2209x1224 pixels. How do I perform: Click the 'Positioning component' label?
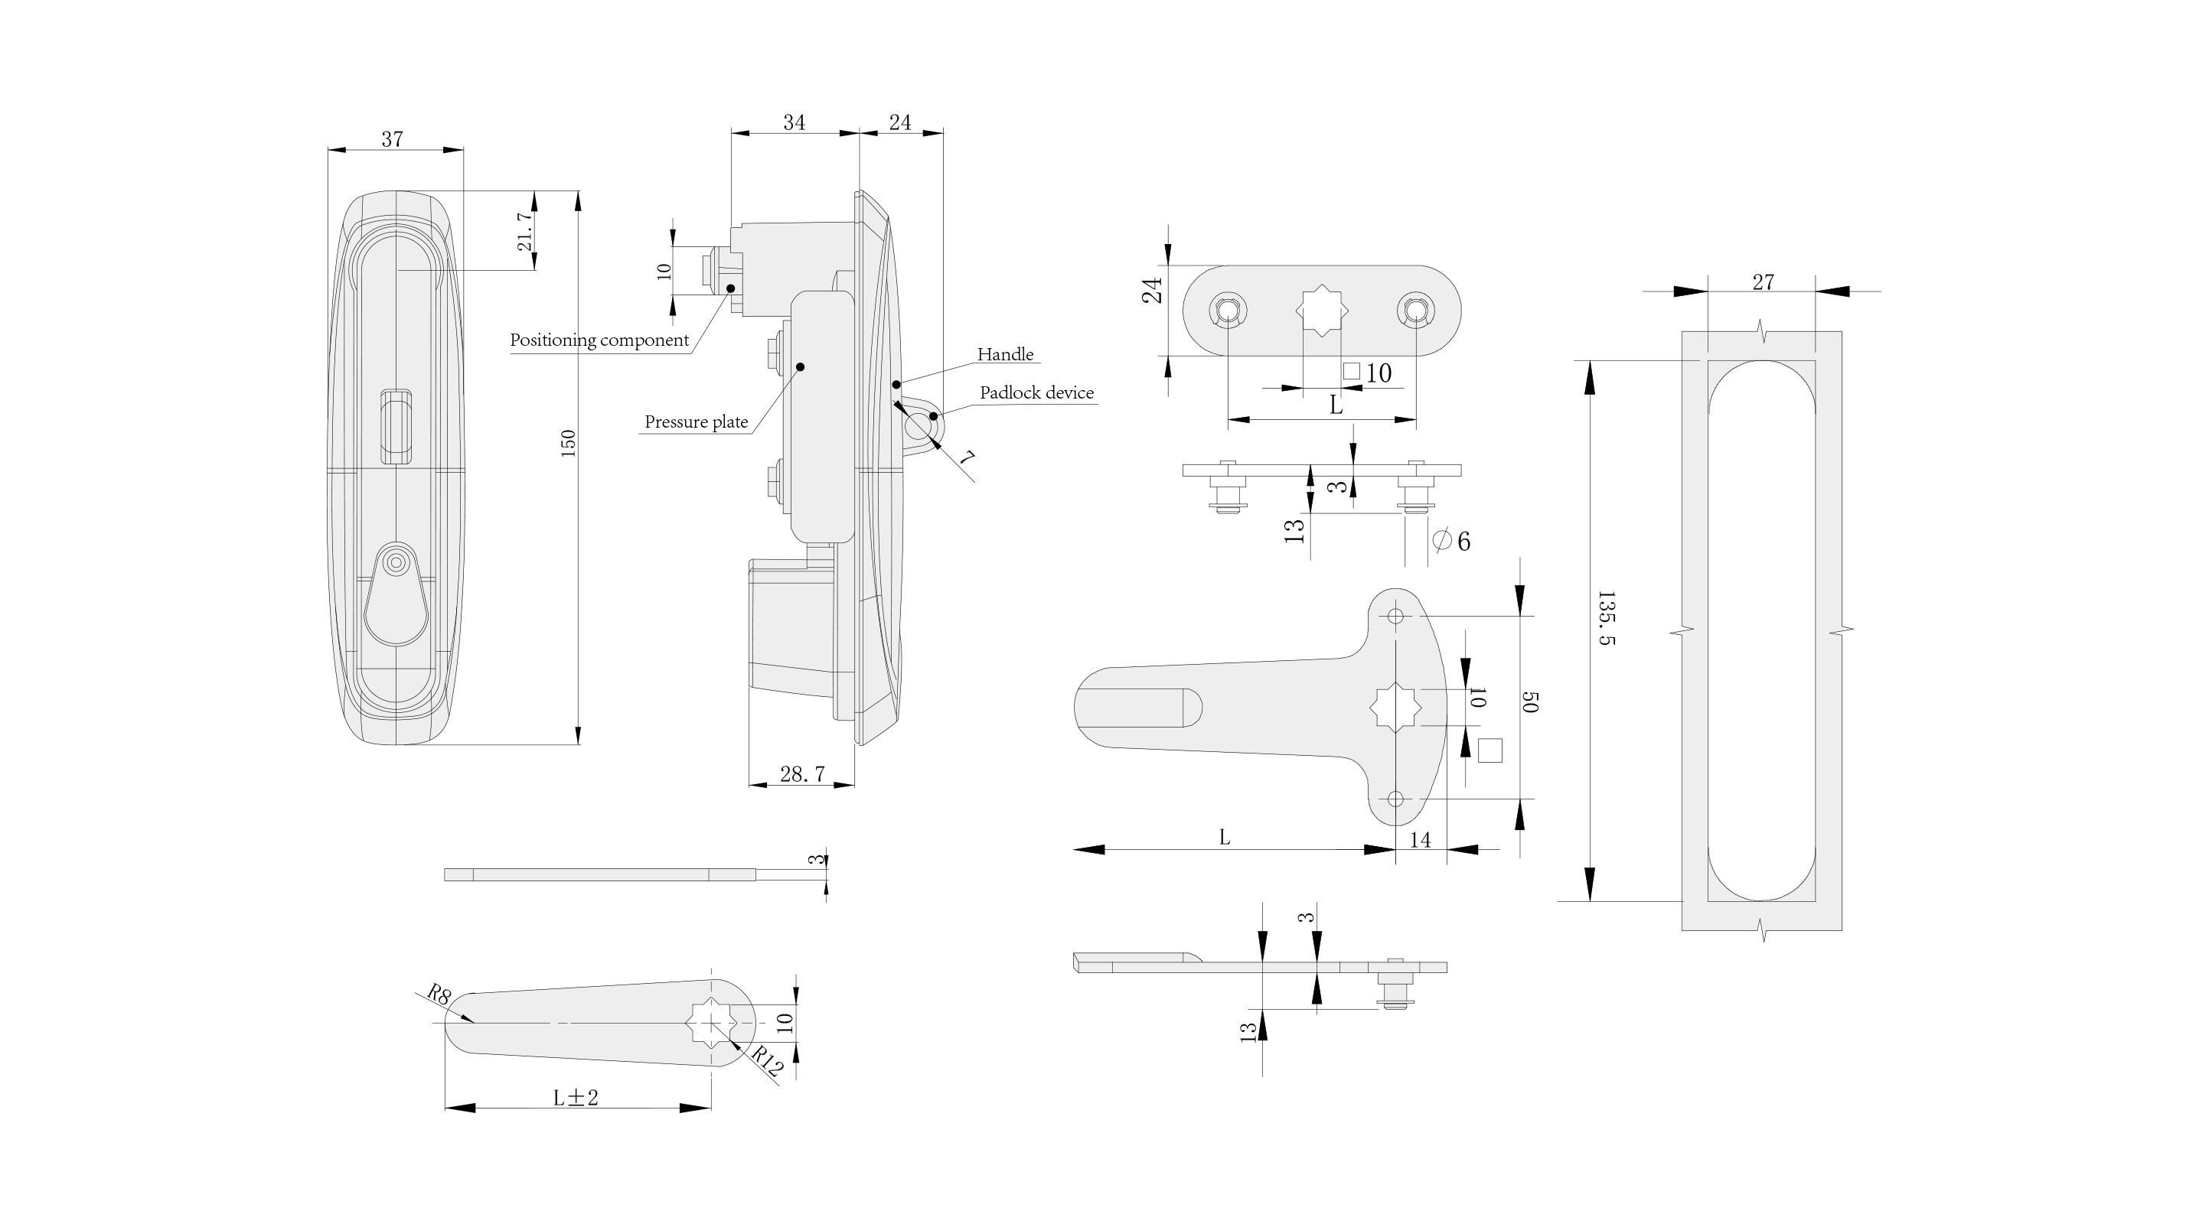599,340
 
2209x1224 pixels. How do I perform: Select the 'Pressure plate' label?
696,422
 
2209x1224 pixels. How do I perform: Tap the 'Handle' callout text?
1005,354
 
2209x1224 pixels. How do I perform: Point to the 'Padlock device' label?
1036,392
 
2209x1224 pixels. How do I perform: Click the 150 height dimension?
568,442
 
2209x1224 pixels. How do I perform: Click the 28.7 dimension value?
802,774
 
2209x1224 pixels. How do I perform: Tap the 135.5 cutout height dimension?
1606,617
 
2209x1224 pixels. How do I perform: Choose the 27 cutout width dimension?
1763,282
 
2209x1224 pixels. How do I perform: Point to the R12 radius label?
767,1063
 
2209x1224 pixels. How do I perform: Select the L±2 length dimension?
576,1097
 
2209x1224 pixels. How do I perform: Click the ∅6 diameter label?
1452,541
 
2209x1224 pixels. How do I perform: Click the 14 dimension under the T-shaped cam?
1420,840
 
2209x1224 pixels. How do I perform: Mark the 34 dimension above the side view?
794,122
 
